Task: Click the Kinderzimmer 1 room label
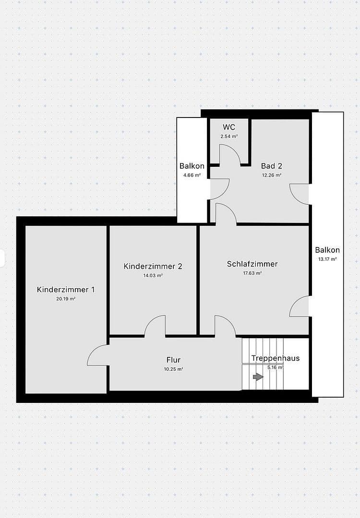tap(66, 290)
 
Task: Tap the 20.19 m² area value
tap(66, 298)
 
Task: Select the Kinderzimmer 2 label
tap(153, 266)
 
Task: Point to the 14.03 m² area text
tap(153, 275)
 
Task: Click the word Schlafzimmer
tap(252, 264)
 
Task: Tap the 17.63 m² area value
tap(252, 273)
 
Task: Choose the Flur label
tap(173, 360)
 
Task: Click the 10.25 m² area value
tap(174, 369)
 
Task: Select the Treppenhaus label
tap(275, 358)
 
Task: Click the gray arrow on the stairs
tap(258, 377)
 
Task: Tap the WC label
tap(229, 127)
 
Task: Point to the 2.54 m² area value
tap(229, 136)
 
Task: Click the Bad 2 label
tap(271, 166)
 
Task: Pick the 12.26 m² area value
tap(272, 175)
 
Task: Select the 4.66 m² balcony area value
tap(192, 175)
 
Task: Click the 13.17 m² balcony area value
tap(327, 259)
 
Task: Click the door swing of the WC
tap(229, 154)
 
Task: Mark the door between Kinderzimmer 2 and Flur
tap(155, 326)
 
